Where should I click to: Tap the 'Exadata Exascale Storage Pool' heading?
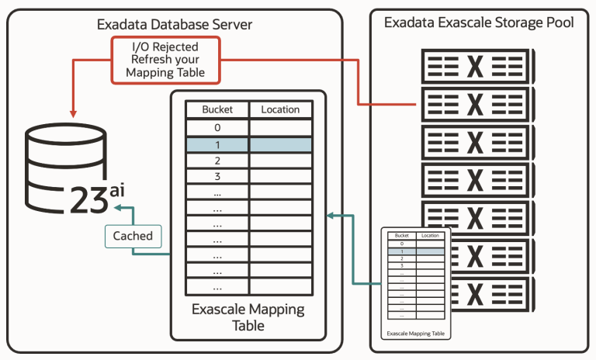point(479,22)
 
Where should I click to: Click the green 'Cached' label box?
point(133,236)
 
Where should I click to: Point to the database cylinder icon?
point(61,167)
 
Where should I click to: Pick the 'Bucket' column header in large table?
point(217,109)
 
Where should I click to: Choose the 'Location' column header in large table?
point(280,109)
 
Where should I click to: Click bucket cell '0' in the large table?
point(217,128)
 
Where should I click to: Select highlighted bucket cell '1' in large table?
point(217,144)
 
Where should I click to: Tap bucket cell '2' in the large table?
point(217,161)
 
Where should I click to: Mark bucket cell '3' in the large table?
point(217,177)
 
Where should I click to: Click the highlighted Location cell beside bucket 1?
point(280,144)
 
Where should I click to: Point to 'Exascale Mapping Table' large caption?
point(248,317)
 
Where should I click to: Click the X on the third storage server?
point(476,142)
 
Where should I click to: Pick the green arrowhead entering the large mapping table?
point(331,215)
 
